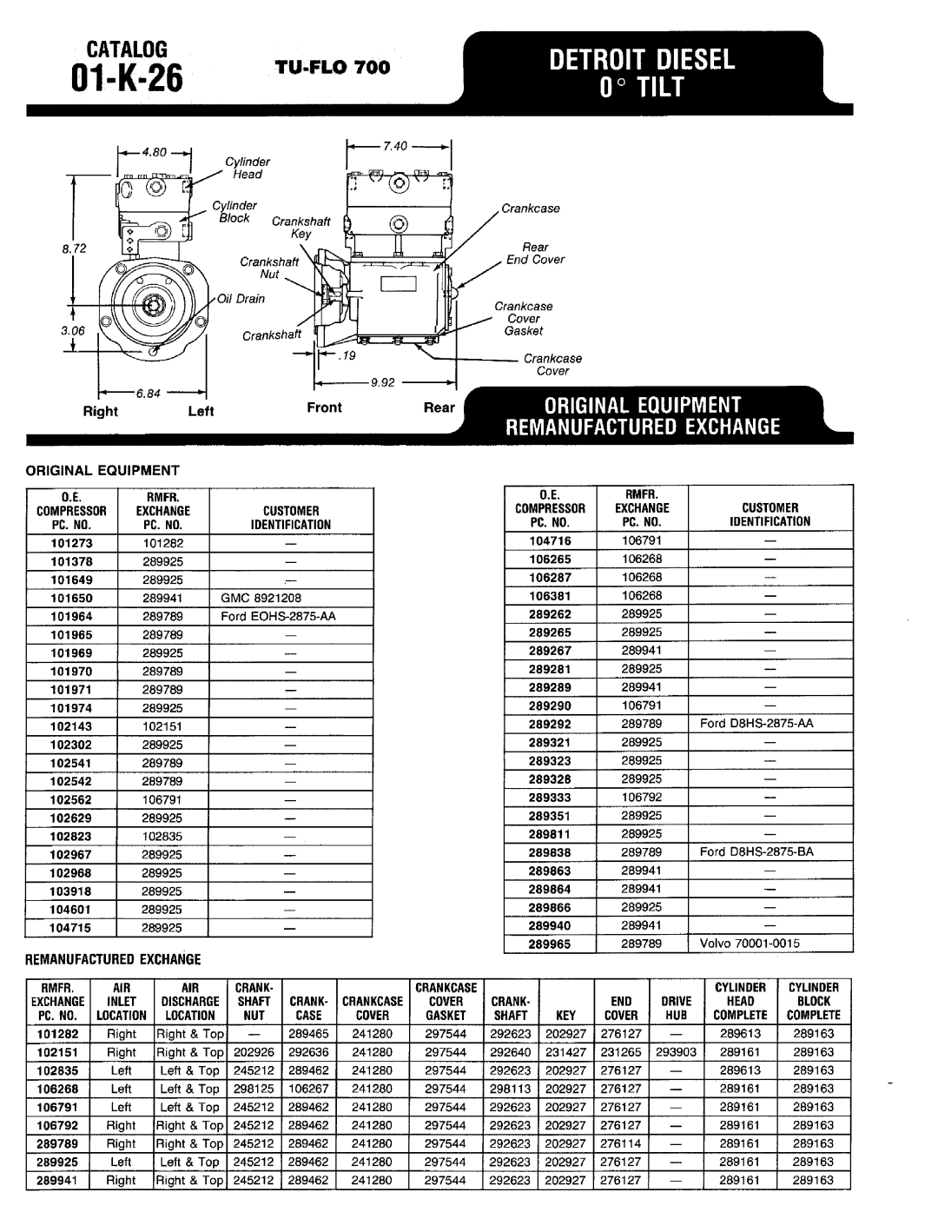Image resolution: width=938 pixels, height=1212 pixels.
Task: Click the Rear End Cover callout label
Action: (x=535, y=253)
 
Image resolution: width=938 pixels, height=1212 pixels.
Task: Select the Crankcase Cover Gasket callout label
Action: (x=524, y=318)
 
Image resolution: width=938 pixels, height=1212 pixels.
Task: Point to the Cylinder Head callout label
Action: (x=248, y=168)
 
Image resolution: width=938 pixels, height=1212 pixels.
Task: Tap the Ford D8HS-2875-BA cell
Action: (x=756, y=852)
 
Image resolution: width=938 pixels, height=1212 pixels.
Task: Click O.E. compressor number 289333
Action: (x=550, y=798)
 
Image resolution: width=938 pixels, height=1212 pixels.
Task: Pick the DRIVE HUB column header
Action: (x=676, y=1008)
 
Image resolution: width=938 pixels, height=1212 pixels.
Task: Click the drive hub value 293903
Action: (x=676, y=1052)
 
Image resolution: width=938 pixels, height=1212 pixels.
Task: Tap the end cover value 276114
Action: (x=621, y=1144)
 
